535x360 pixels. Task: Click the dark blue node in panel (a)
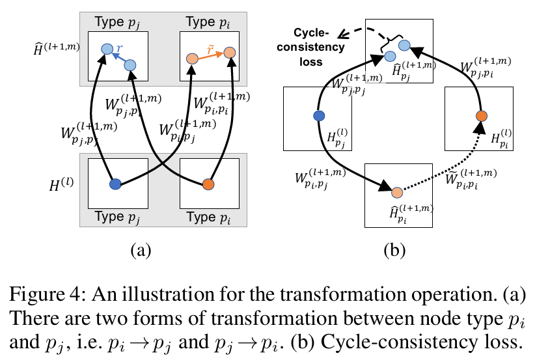(116, 184)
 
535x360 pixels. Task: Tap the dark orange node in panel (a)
(208, 184)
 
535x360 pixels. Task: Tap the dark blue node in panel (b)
(319, 116)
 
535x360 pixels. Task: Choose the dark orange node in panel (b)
(481, 117)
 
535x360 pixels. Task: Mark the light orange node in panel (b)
(397, 193)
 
